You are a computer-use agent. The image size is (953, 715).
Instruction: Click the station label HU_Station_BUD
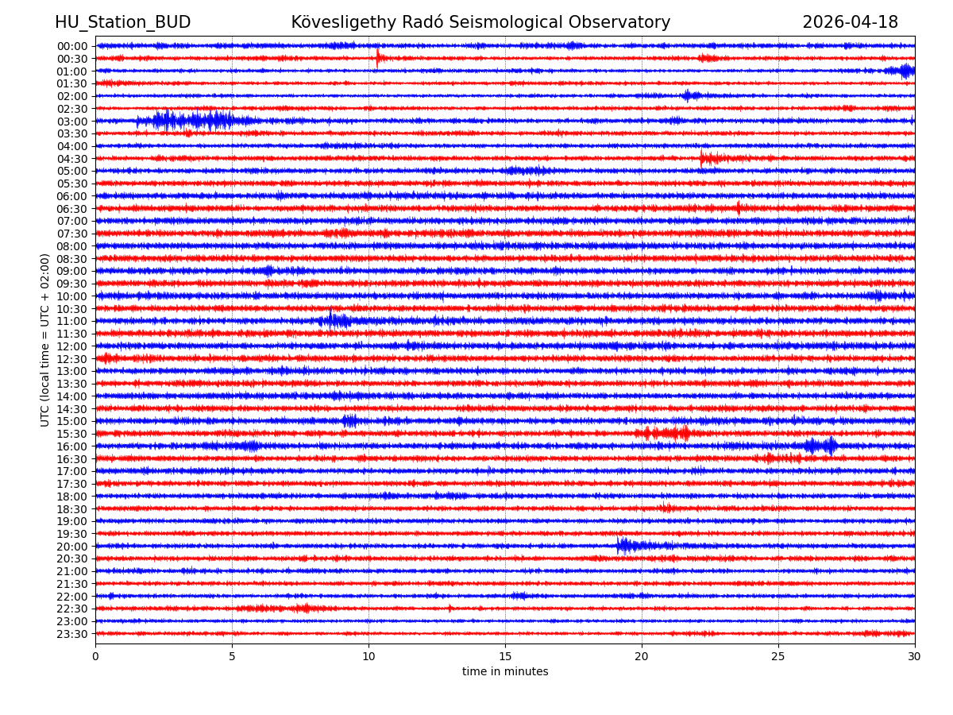122,23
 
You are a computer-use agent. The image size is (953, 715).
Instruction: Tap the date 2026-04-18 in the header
850,23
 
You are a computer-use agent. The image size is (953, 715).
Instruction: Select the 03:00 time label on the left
72,122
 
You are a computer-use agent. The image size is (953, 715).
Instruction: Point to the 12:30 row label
72,359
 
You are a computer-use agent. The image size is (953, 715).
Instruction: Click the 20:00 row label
72,547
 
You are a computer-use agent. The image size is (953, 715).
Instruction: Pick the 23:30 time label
72,634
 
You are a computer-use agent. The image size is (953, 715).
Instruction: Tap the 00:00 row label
72,46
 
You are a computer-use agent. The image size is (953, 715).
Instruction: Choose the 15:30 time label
72,434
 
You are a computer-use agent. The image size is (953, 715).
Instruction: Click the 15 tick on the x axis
505,657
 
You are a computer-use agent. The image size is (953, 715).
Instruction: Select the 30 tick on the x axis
915,657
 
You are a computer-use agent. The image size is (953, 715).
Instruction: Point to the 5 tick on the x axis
232,657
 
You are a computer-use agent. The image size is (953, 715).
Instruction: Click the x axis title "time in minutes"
505,672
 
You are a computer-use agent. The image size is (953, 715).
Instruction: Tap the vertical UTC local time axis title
46,340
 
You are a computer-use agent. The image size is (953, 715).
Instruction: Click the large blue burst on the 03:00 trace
191,121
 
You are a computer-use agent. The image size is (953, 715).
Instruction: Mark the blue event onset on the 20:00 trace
619,545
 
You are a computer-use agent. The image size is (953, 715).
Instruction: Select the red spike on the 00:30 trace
378,57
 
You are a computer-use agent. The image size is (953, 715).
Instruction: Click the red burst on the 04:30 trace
708,158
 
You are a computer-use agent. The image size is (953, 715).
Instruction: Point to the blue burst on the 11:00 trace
336,321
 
